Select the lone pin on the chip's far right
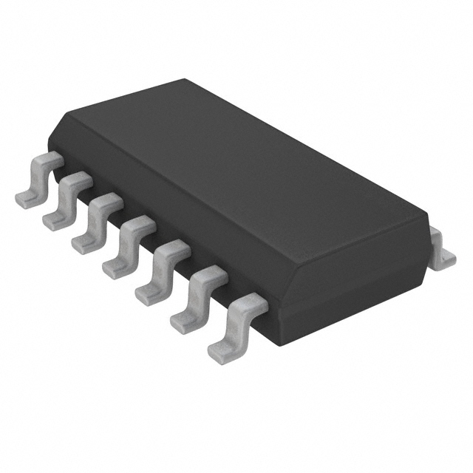pos(443,248)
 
